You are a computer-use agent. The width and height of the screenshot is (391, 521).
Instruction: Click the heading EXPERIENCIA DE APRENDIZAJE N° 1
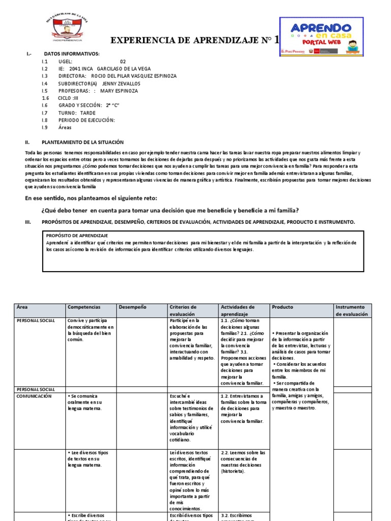[195, 41]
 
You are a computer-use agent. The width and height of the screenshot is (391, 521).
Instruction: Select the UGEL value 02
[123, 61]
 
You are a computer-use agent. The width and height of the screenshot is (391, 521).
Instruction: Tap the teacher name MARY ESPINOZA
[120, 91]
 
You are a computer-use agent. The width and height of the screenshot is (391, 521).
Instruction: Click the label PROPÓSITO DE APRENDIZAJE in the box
[77, 236]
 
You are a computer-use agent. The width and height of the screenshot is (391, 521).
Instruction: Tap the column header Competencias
[84, 307]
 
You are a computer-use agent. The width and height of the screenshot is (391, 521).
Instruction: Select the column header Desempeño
[132, 307]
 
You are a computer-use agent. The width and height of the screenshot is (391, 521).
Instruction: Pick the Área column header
[22, 307]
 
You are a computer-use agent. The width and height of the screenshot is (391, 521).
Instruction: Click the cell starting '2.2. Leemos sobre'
[243, 461]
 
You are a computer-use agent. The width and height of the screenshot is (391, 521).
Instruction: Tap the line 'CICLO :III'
[68, 98]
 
